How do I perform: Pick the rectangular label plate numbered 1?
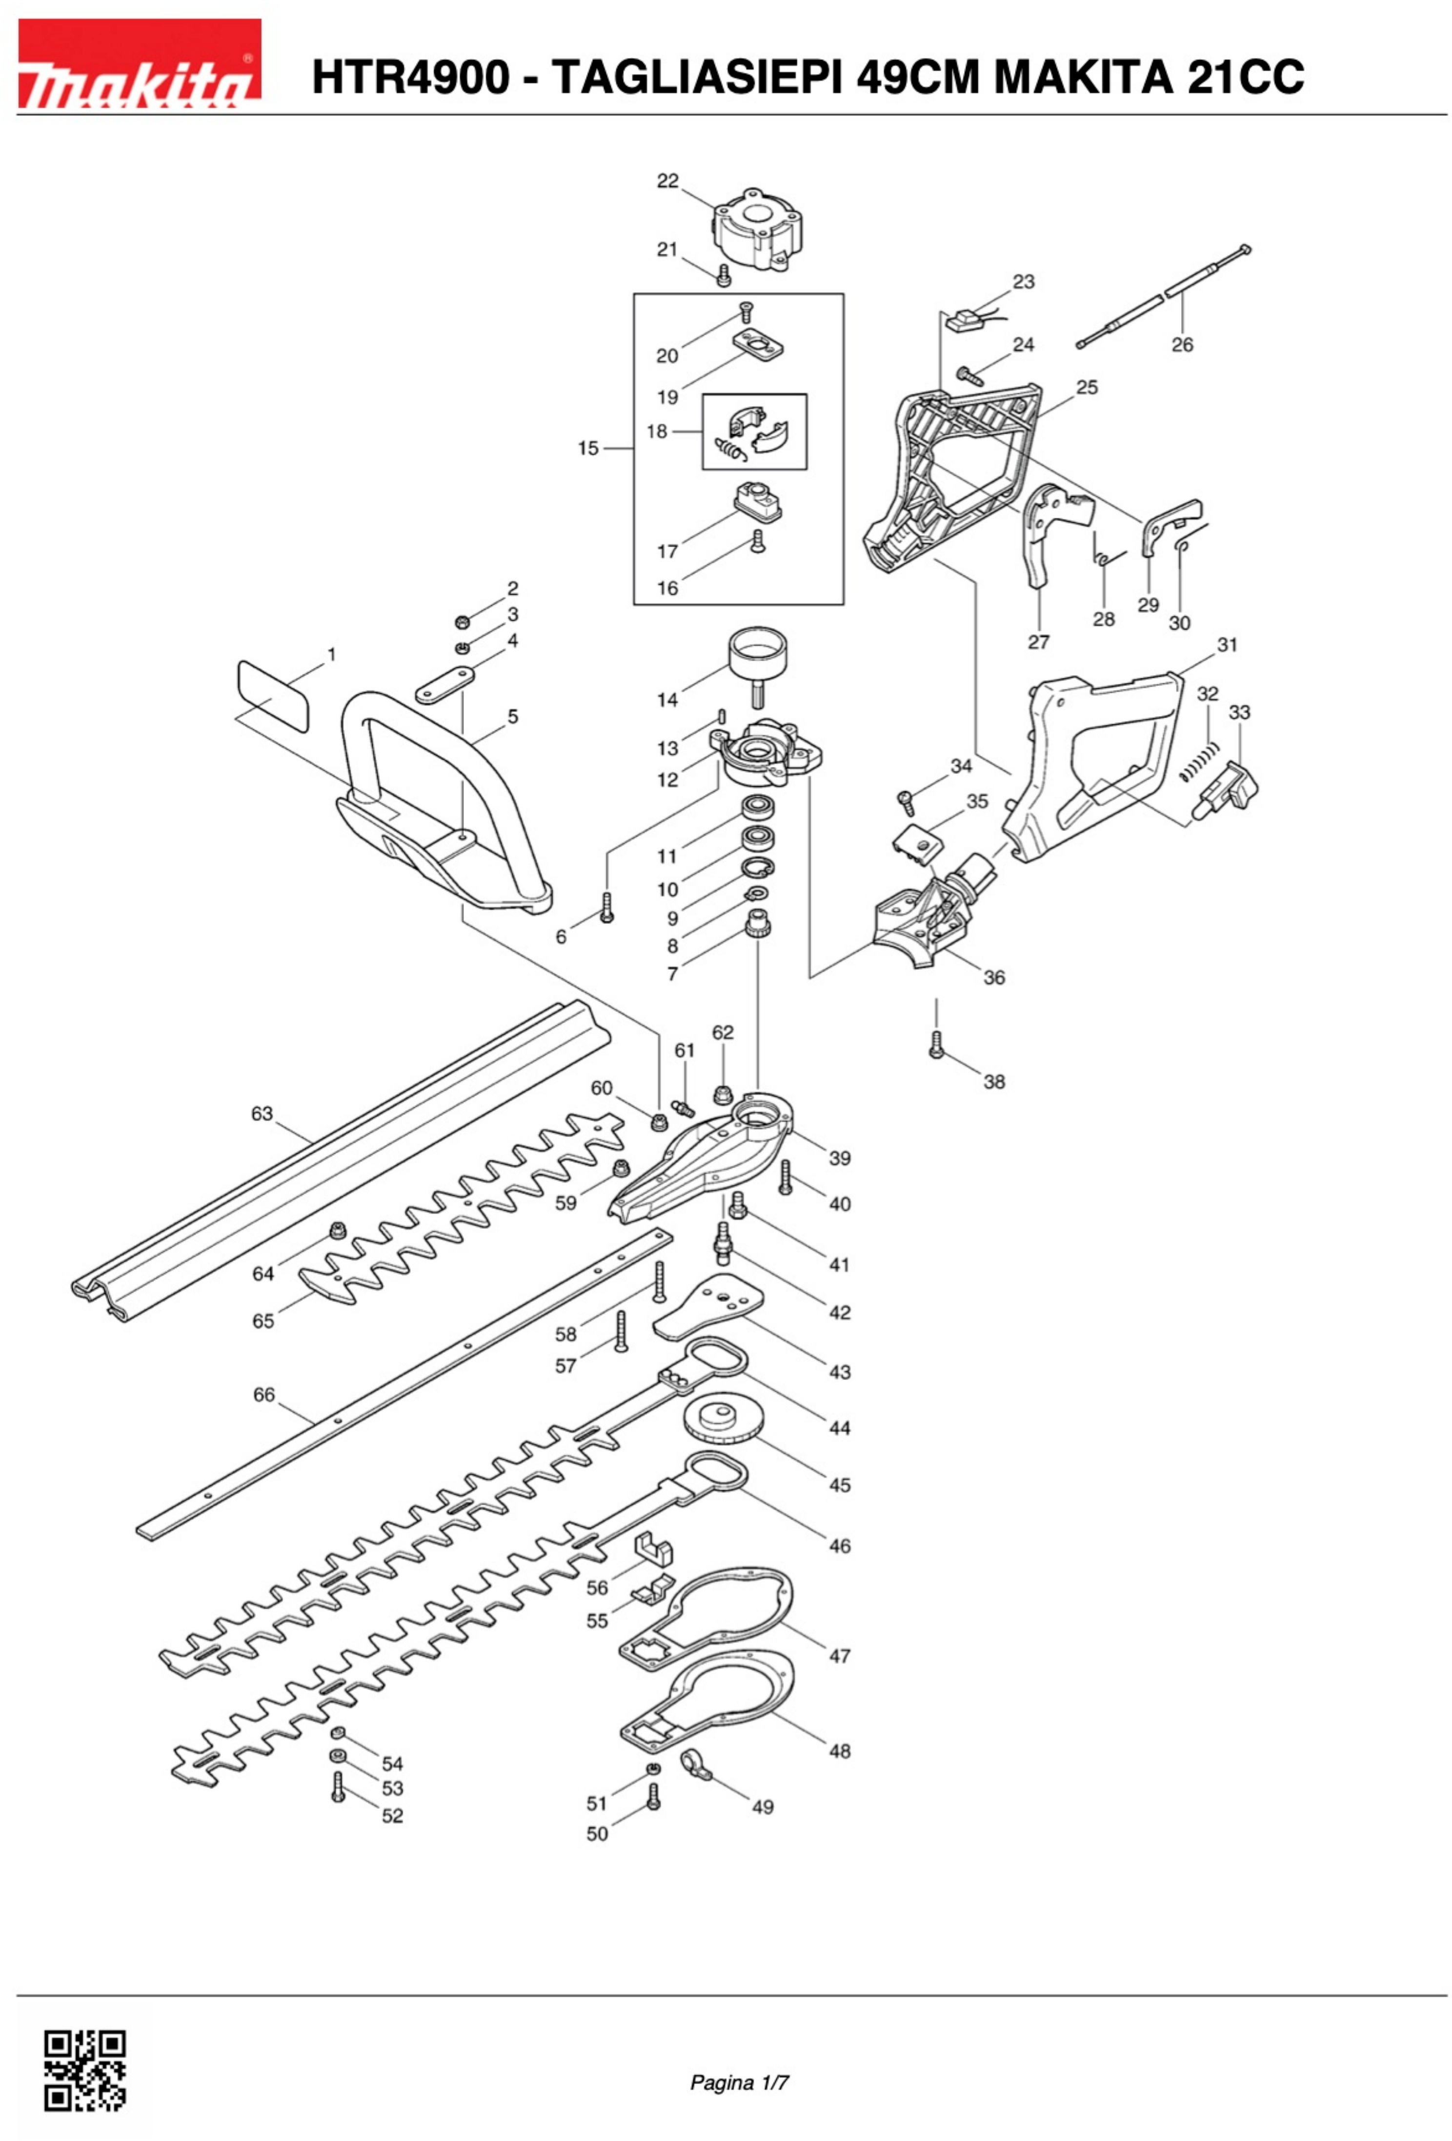273,696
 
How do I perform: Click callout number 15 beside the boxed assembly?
588,449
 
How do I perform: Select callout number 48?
839,1750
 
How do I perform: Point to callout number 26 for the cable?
1182,344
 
